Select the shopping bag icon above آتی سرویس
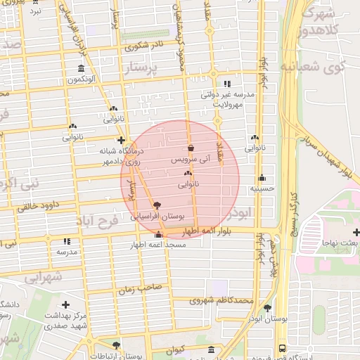pos(191,148)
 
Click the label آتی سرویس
pos(191,160)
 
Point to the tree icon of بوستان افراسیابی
pos(156,205)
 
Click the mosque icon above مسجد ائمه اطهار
pos(158,235)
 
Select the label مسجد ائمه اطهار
pos(158,246)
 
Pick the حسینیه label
pos(262,188)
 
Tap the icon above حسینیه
pos(262,177)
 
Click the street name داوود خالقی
pos(33,206)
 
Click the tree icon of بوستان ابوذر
pos(267,307)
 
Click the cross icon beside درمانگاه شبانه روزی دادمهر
pos(122,140)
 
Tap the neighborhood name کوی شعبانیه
pos(322,66)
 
